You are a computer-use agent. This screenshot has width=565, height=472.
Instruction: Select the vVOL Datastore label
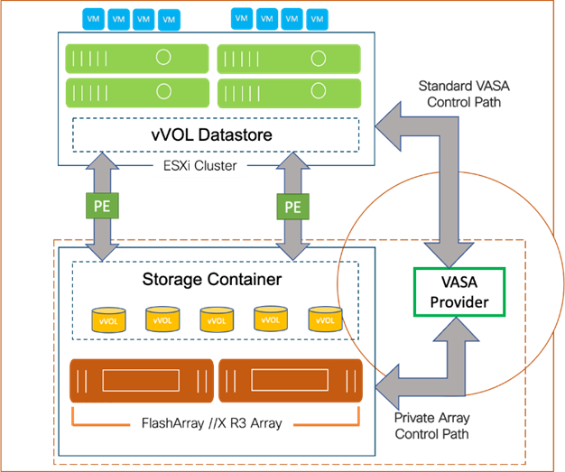pyautogui.click(x=212, y=135)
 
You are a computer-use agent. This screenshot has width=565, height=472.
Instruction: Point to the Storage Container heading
pyautogui.click(x=212, y=280)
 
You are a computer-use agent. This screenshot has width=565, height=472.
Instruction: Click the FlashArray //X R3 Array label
pyautogui.click(x=211, y=422)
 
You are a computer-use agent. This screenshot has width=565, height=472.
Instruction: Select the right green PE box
pyautogui.click(x=292, y=207)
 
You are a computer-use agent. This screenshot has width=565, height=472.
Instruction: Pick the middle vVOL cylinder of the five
pyautogui.click(x=217, y=319)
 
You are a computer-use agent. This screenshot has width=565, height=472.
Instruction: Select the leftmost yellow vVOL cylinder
pyautogui.click(x=108, y=319)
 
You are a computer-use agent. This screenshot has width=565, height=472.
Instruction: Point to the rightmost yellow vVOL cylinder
pyautogui.click(x=325, y=319)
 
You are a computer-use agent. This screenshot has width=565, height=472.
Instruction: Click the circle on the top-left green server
pyautogui.click(x=163, y=58)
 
